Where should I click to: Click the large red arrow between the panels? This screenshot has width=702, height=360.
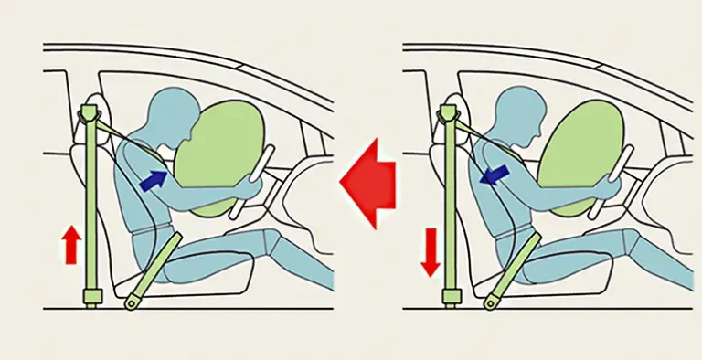(367, 179)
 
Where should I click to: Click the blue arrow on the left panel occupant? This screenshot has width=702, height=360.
(153, 179)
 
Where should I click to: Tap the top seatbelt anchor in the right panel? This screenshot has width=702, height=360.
(448, 113)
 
